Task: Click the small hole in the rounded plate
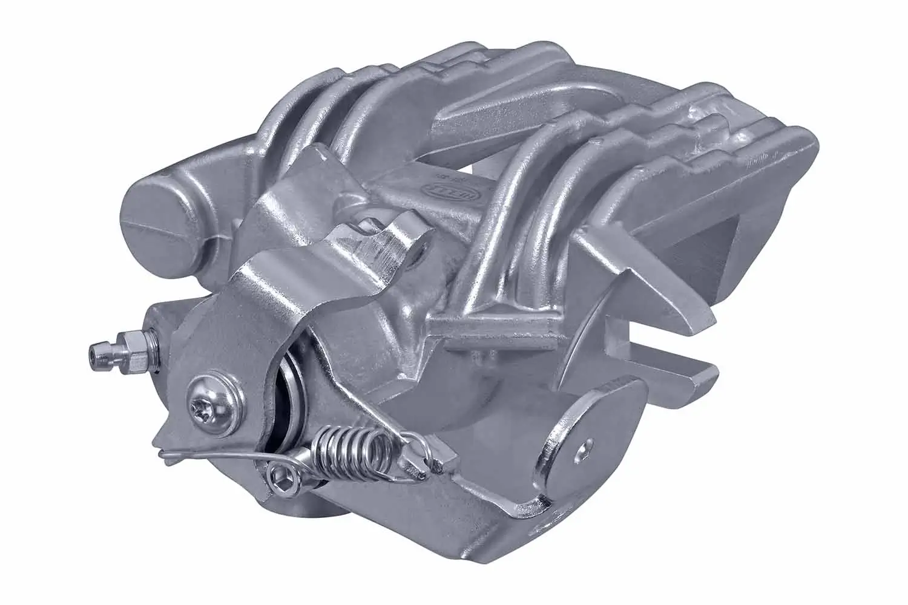point(585,448)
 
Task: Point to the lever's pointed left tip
point(159,441)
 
